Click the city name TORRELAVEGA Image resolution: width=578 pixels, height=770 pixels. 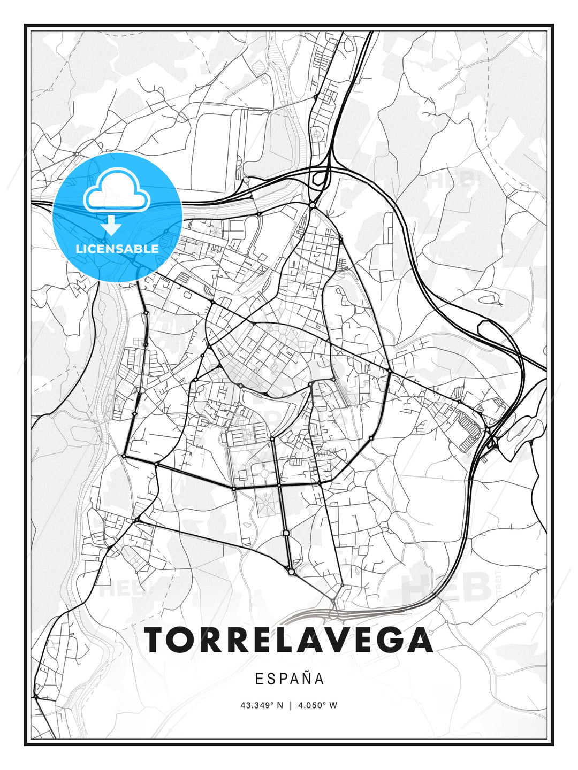tap(288, 640)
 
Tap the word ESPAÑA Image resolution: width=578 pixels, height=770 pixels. tap(289, 679)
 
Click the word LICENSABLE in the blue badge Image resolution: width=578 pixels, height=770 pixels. tap(117, 249)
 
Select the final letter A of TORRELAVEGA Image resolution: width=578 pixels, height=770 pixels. tap(420, 640)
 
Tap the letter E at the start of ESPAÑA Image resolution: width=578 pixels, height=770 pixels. tap(258, 679)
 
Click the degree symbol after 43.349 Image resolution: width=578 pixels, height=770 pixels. tap(273, 703)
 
